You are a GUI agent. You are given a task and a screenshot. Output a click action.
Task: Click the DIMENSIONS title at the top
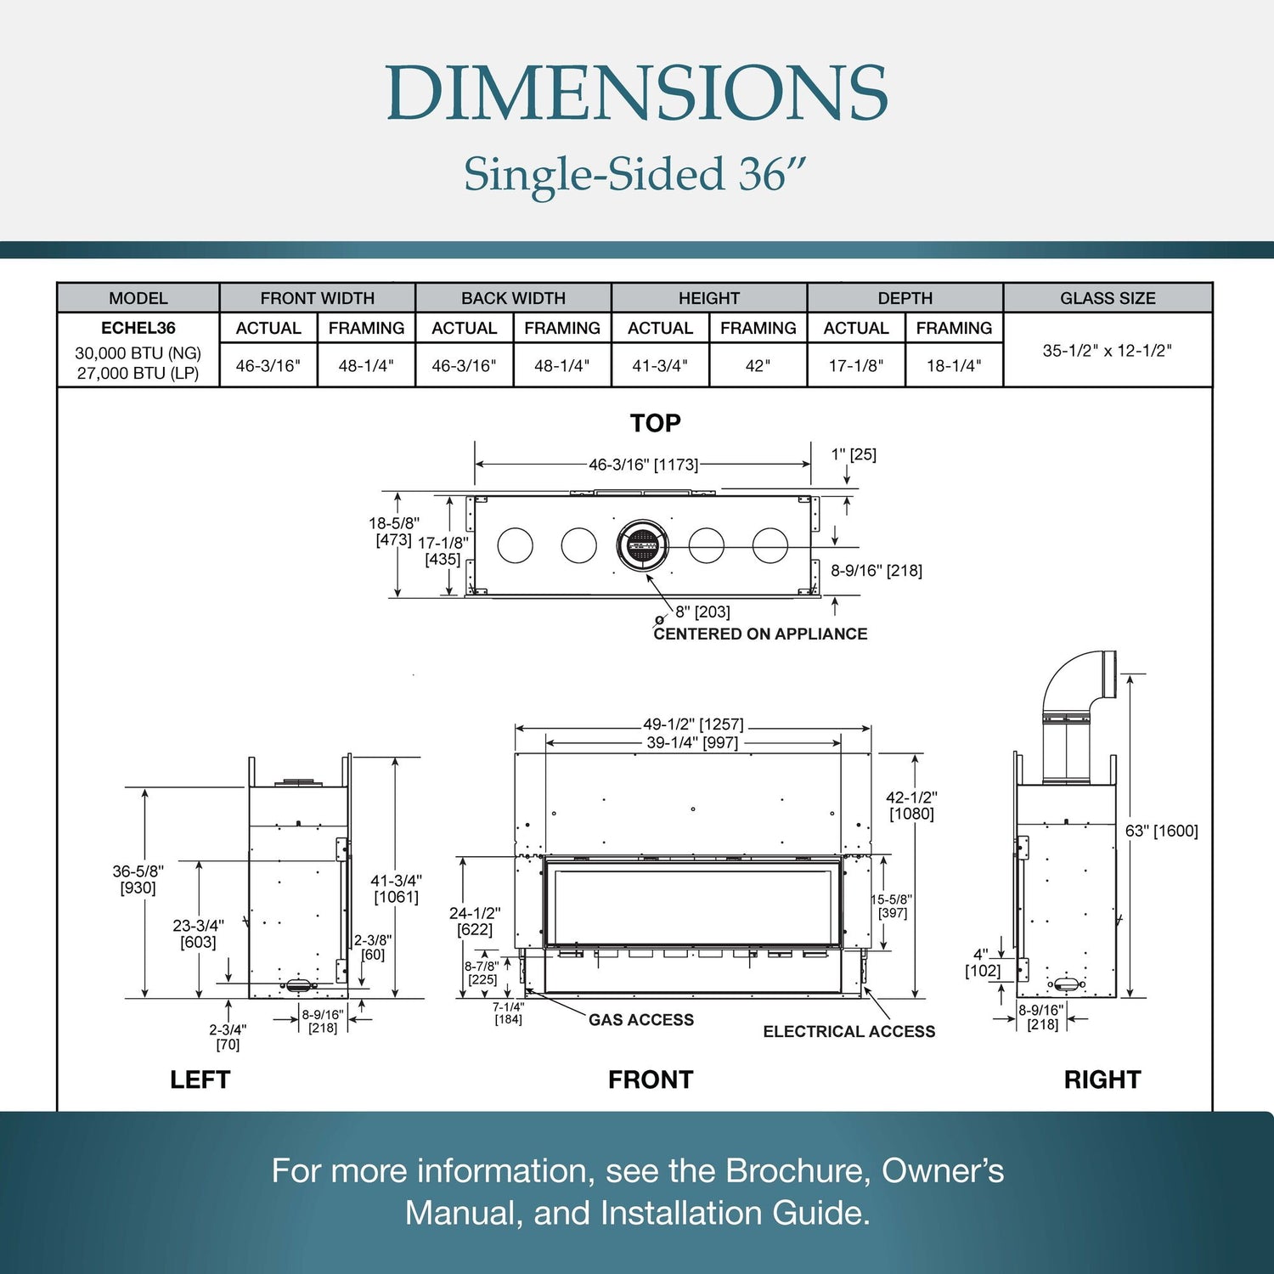click(637, 93)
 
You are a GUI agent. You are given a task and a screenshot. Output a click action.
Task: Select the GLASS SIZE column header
click(1108, 298)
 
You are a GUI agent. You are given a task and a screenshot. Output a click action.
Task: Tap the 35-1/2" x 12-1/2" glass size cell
click(1107, 350)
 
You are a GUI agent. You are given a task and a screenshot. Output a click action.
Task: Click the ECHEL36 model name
click(138, 328)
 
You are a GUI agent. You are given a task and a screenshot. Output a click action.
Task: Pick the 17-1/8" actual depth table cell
click(856, 366)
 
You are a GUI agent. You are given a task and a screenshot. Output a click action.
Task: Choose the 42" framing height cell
click(758, 366)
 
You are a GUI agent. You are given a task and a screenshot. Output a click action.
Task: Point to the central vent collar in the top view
click(642, 545)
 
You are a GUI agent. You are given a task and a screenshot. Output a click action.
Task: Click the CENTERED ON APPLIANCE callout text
click(760, 634)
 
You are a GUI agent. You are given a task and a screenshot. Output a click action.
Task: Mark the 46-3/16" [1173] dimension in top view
click(643, 465)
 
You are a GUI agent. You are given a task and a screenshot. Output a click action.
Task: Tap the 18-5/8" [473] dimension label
click(394, 532)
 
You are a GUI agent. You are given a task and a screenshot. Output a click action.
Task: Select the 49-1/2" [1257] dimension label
click(693, 724)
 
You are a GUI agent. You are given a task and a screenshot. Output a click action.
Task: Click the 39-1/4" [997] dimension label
click(692, 742)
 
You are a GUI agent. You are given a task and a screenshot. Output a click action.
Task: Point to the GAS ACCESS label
click(641, 1020)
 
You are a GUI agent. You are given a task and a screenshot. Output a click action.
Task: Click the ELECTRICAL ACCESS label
click(848, 1031)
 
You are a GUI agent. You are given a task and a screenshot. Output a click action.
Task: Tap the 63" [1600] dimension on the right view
click(1161, 831)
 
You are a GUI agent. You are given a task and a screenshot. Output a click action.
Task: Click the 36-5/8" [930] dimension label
click(138, 879)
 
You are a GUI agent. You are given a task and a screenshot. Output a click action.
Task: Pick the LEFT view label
click(200, 1080)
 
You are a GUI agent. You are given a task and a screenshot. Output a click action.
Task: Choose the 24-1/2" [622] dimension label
click(475, 921)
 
